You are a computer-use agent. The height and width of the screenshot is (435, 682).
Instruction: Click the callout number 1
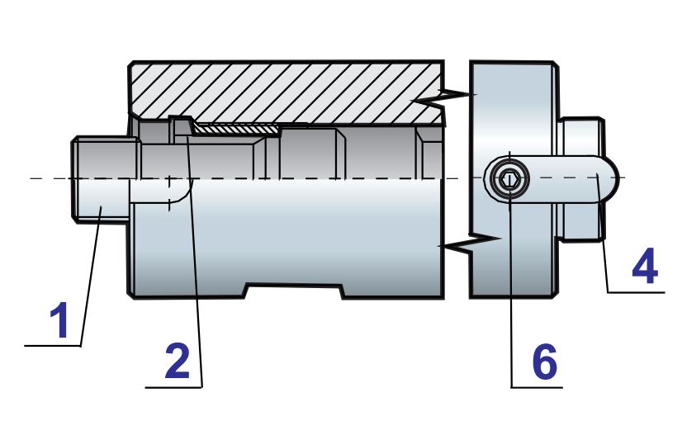click(59, 321)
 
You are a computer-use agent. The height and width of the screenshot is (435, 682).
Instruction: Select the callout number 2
click(178, 362)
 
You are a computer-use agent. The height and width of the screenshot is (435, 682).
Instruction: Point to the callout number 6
click(543, 362)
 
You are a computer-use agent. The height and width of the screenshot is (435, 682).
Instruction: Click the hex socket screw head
click(506, 178)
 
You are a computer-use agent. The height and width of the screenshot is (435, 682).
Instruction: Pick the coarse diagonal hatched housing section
click(281, 91)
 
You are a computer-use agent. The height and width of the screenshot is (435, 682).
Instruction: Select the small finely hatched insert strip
click(235, 129)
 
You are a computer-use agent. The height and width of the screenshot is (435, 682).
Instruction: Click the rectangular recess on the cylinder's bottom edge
click(294, 291)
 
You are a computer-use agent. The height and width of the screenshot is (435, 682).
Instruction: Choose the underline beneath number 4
click(636, 291)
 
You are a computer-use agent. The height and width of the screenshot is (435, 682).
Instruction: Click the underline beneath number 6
click(537, 385)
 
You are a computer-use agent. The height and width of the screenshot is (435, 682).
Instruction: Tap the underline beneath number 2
click(173, 385)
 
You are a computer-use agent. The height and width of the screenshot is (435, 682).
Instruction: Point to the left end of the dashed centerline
click(30, 177)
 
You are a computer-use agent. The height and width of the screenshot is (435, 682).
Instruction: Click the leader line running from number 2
click(194, 264)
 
